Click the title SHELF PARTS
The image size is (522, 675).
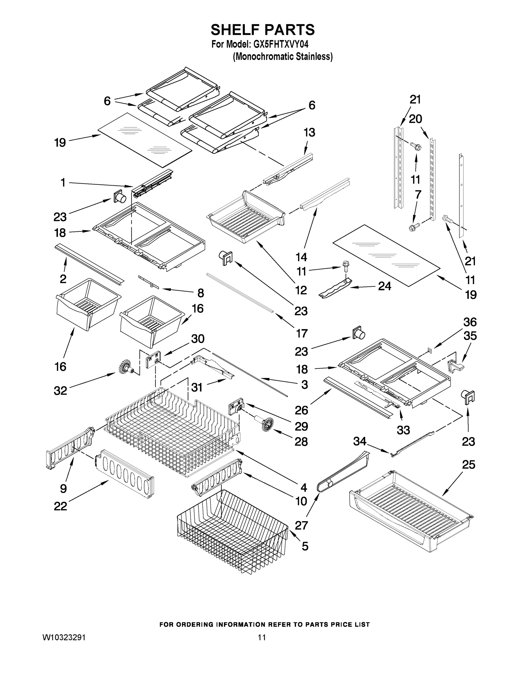click(x=263, y=30)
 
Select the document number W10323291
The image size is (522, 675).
click(x=64, y=637)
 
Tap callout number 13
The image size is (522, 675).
click(x=309, y=132)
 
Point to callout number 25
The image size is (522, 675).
click(x=468, y=465)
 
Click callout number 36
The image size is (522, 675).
click(x=470, y=322)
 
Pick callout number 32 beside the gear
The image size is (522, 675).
click(x=60, y=391)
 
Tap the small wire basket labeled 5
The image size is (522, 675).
click(x=232, y=532)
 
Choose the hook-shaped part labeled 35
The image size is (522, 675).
click(x=454, y=366)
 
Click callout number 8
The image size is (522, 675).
click(x=201, y=293)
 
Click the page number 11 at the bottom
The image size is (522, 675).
click(x=262, y=637)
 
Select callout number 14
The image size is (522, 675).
click(x=301, y=257)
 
